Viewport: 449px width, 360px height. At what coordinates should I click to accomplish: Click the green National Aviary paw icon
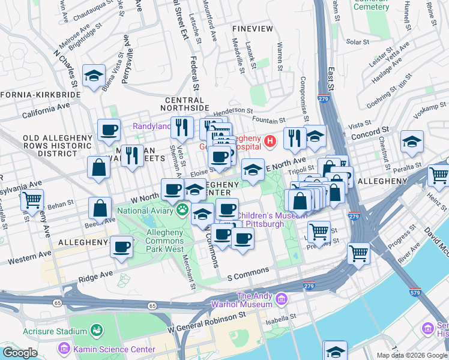point(181,210)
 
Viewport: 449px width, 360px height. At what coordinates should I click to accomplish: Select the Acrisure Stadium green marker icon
point(95,331)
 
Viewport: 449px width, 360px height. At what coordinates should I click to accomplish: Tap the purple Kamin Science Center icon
point(64,348)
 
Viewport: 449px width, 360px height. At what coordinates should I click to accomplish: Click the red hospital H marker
point(270,142)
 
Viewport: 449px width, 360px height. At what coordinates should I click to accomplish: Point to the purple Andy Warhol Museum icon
point(280,299)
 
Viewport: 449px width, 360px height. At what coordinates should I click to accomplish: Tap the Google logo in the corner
point(19,353)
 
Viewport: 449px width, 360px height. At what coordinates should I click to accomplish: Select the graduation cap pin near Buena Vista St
point(94,76)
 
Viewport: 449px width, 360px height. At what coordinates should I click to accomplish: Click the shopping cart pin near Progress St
point(358,253)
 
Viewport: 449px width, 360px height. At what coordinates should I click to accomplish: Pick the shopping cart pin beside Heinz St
point(438,175)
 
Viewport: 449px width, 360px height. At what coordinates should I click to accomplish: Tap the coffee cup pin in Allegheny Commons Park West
point(122,247)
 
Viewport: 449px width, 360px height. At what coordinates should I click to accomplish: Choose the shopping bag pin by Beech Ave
point(100,209)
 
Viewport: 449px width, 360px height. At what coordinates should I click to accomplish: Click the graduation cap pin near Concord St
point(412,142)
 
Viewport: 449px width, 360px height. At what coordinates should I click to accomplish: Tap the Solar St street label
point(357,42)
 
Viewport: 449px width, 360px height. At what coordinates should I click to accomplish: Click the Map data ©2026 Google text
point(411,355)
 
